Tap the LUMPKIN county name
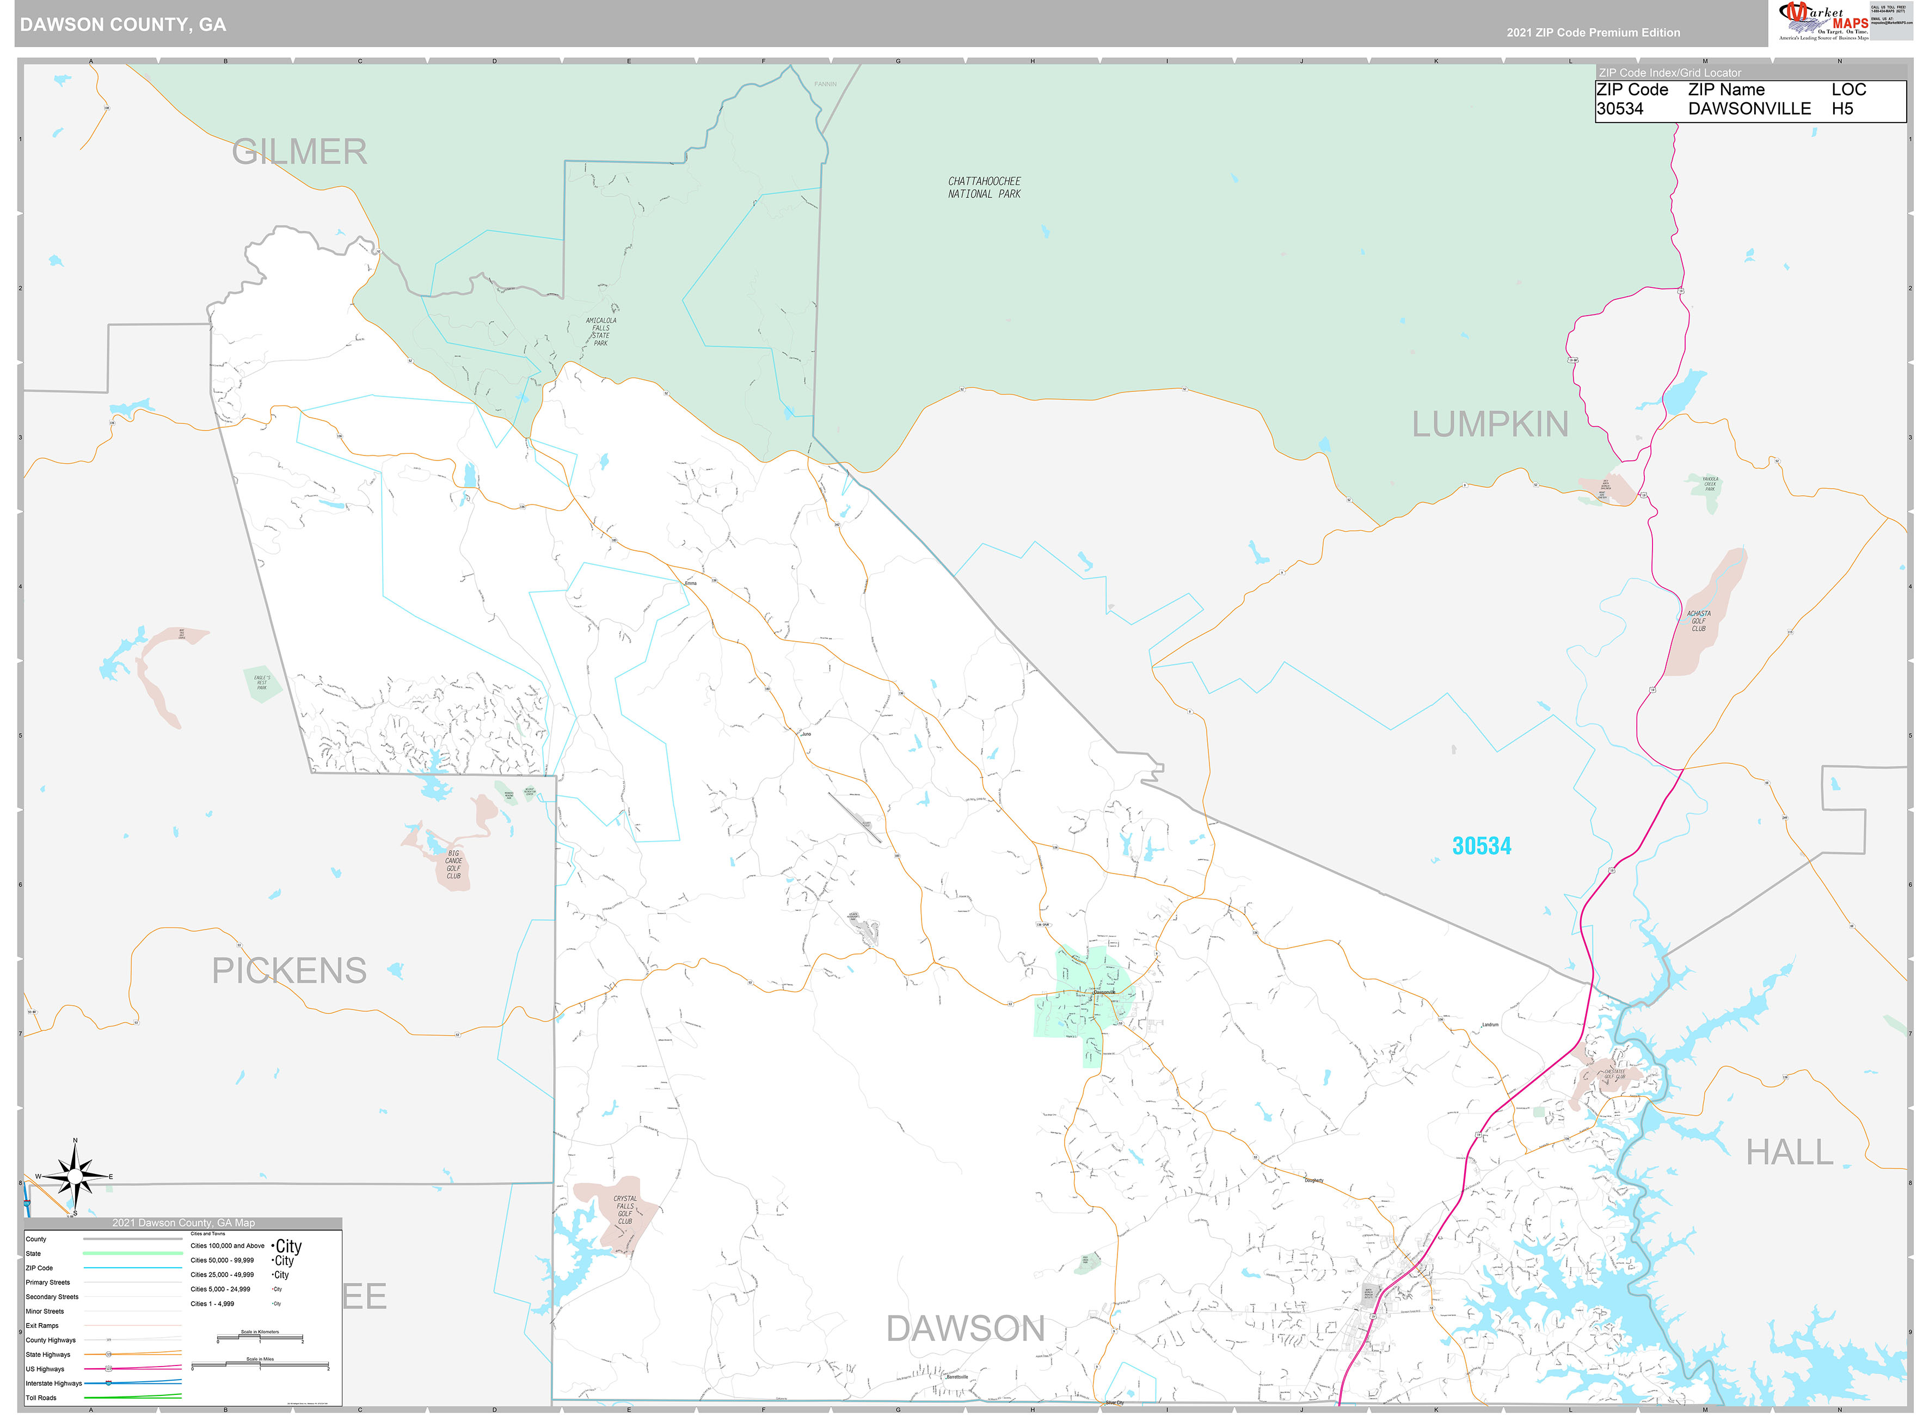(x=1490, y=424)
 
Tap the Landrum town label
(x=1490, y=1024)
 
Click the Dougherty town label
(x=1313, y=1180)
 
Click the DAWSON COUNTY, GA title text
(x=124, y=25)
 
